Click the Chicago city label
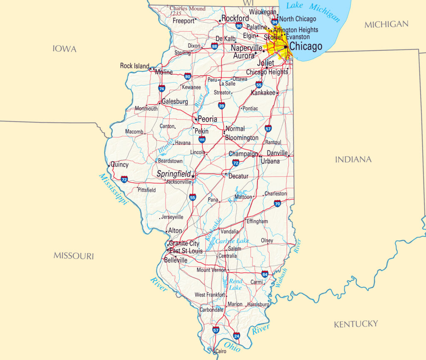click(x=306, y=46)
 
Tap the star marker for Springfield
click(x=193, y=176)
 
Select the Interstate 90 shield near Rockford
click(x=239, y=26)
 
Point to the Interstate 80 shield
click(x=188, y=76)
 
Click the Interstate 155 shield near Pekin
click(x=202, y=139)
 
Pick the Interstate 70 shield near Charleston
click(x=277, y=203)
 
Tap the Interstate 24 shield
click(x=236, y=335)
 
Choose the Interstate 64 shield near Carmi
click(x=265, y=274)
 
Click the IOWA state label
click(x=64, y=49)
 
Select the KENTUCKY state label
click(x=356, y=324)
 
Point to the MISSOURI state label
click(x=74, y=256)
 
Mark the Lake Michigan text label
click(x=313, y=10)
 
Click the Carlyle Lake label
click(x=232, y=241)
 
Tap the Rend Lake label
click(x=235, y=285)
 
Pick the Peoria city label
click(x=207, y=119)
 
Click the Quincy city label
click(x=119, y=164)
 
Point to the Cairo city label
click(x=220, y=351)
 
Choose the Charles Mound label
click(x=188, y=8)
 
